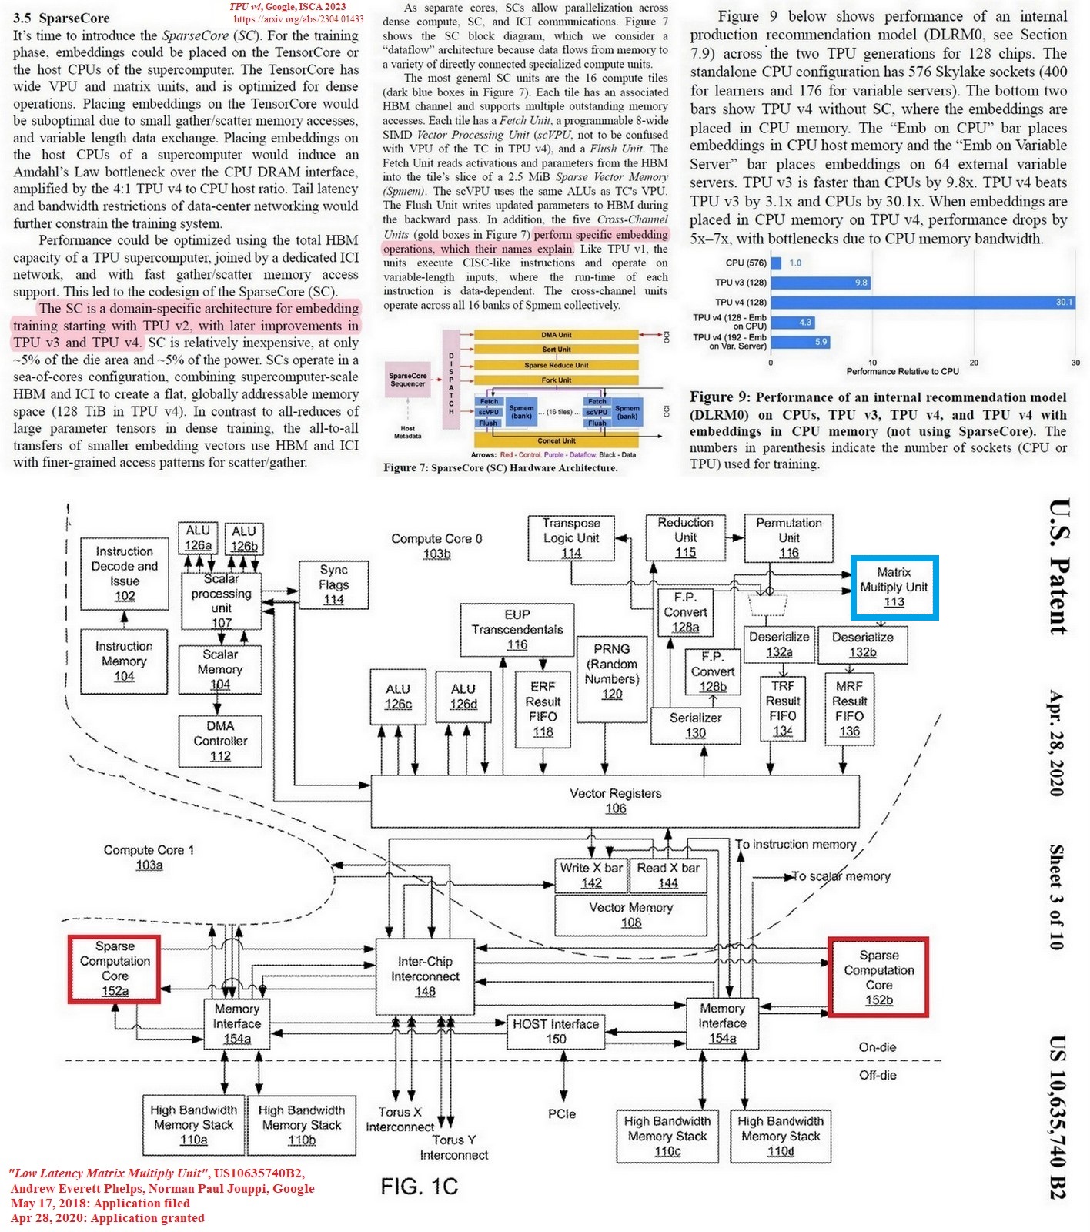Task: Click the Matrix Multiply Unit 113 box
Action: [x=894, y=588]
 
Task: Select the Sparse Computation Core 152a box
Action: [x=115, y=969]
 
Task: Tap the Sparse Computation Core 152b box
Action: [x=878, y=978]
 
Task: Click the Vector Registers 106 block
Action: [x=615, y=801]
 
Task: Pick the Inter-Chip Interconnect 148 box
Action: [x=425, y=976]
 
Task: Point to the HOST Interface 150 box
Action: [x=556, y=1031]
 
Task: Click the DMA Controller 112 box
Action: [x=220, y=741]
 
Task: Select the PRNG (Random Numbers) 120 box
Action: [x=612, y=671]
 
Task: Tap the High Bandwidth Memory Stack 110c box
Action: [x=667, y=1136]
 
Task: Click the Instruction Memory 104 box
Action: [x=124, y=661]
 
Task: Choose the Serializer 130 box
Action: [x=695, y=725]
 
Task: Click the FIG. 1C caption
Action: [x=419, y=1186]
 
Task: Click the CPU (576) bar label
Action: [x=745, y=263]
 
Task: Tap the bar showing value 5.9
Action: [x=801, y=342]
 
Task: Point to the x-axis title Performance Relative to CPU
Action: [x=902, y=371]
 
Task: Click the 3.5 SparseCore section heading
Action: [x=62, y=18]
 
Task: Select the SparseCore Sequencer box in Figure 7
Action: [x=407, y=380]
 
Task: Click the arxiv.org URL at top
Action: [x=298, y=19]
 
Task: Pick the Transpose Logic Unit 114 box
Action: [x=570, y=537]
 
